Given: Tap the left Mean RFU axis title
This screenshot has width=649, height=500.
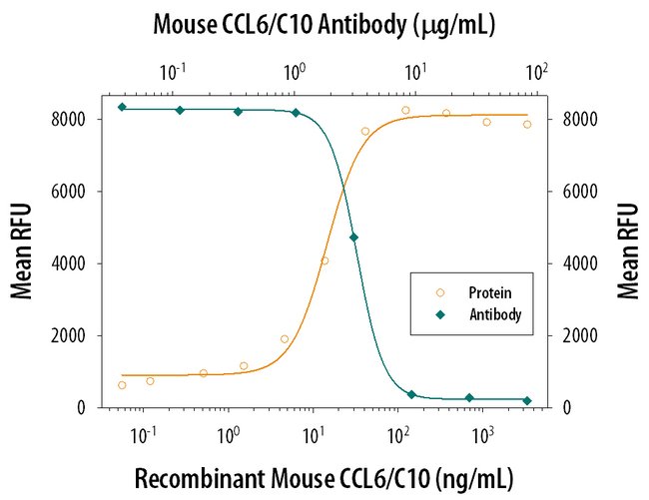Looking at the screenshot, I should pyautogui.click(x=22, y=251).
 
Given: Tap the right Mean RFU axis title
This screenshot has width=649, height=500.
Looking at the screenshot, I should pyautogui.click(x=627, y=251).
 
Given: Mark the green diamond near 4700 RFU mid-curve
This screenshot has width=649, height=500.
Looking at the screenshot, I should pyautogui.click(x=353, y=238).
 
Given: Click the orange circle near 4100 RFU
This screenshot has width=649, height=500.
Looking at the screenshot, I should pyautogui.click(x=324, y=260).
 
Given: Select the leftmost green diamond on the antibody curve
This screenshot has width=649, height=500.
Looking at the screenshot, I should pyautogui.click(x=122, y=107).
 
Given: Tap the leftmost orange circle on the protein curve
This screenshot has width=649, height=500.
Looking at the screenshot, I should pyautogui.click(x=122, y=385).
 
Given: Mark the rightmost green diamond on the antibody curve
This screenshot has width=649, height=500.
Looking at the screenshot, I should pyautogui.click(x=527, y=401).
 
